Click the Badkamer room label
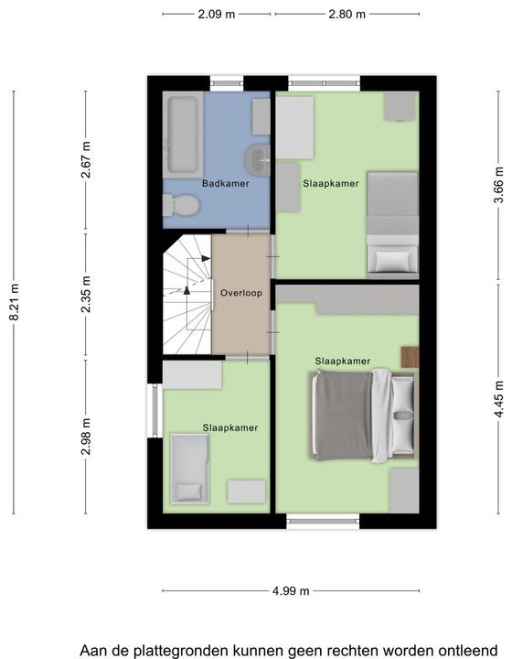point(225,183)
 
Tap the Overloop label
point(240,293)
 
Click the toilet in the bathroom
point(181,205)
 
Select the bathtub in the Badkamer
point(183,135)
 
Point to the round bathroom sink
point(258,159)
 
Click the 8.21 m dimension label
point(15,302)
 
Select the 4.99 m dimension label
point(291,591)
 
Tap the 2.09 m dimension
point(217,15)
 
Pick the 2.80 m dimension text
point(347,15)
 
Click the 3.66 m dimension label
point(498,185)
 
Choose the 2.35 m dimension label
point(86,294)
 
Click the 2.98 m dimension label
point(86,437)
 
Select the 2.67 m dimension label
point(86,159)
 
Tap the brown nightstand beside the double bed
point(410,357)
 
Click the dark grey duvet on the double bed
point(343,415)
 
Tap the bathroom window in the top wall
point(227,83)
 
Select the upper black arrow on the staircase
point(206,258)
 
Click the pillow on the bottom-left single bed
point(188,491)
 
